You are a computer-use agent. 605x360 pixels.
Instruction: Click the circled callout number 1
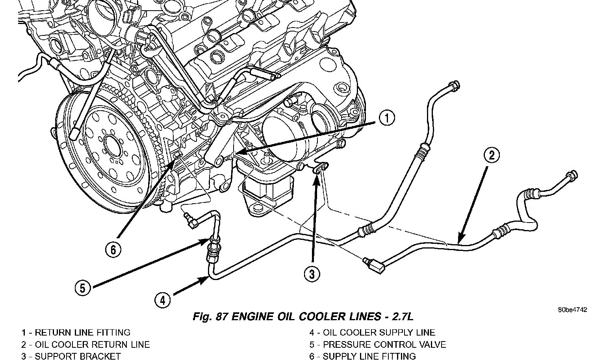pyautogui.click(x=388, y=118)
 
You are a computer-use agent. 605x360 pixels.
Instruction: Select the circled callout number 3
pyautogui.click(x=312, y=274)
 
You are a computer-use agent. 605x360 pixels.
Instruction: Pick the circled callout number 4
pyautogui.click(x=163, y=301)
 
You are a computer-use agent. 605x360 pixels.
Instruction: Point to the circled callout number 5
pyautogui.click(x=82, y=288)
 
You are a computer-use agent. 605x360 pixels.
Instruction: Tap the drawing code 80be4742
pyautogui.click(x=572, y=310)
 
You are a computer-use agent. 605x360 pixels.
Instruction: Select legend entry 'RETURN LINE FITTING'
pyautogui.click(x=82, y=333)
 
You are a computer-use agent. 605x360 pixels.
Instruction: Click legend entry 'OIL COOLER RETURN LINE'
pyautogui.click(x=92, y=345)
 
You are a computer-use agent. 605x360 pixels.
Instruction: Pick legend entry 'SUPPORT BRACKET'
pyautogui.click(x=78, y=356)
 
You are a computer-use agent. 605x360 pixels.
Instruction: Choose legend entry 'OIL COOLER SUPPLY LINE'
pyautogui.click(x=379, y=333)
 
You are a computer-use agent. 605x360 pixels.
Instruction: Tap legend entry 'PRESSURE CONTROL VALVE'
pyautogui.click(x=384, y=345)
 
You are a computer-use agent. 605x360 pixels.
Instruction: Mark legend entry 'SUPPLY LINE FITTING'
pyautogui.click(x=369, y=356)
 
